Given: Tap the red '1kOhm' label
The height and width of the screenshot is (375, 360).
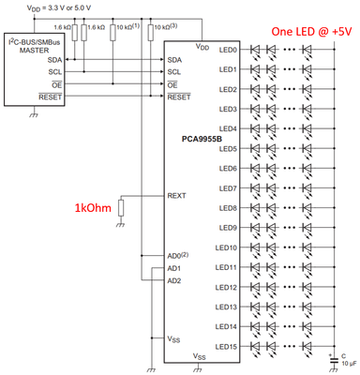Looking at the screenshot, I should coord(94,207).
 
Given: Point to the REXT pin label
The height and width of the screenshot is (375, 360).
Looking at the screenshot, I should coord(177,197).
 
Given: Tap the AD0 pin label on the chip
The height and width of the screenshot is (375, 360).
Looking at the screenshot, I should coord(175,255).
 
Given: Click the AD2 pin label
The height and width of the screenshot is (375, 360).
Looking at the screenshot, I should coord(174,280).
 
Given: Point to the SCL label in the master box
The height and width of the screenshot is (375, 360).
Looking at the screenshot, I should coord(55,71).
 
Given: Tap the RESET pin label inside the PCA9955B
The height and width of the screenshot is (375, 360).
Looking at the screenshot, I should coord(177,97).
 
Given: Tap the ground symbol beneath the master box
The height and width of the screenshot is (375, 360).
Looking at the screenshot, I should coord(36,116).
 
